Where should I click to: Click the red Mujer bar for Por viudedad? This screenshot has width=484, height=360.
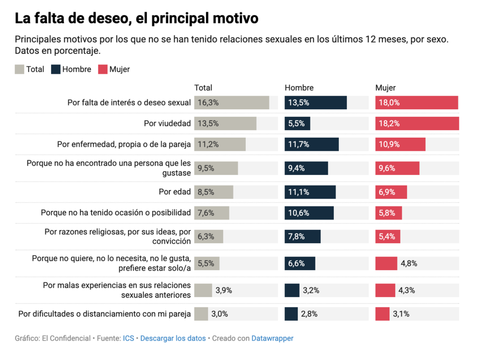417,123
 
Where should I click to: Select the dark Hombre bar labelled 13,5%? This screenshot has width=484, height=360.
316,103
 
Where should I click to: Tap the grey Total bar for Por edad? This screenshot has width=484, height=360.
214,192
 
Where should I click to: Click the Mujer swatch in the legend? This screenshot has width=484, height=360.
103,69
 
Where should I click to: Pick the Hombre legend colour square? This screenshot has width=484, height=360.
56,69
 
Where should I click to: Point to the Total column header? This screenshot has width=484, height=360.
203,88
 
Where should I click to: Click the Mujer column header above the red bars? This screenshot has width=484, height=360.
385,88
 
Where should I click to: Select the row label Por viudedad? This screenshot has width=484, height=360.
167,123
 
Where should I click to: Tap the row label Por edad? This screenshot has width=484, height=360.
175,192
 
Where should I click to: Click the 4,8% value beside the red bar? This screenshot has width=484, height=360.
409,263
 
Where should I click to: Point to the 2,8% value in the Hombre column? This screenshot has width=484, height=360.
309,314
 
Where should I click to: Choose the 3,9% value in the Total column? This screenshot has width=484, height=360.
224,290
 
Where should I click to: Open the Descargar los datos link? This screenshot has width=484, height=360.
173,338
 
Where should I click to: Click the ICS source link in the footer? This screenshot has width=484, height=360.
129,338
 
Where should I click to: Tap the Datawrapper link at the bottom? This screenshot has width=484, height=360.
272,338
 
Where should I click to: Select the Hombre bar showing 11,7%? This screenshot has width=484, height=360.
312,144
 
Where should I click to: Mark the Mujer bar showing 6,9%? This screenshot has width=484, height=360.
391,192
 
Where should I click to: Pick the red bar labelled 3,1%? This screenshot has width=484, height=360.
382,314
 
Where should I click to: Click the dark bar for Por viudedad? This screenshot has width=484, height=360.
298,123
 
